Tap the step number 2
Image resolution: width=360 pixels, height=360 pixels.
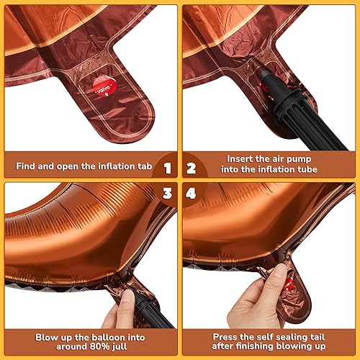(x=192, y=168)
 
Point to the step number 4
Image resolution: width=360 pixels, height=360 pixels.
(x=192, y=192)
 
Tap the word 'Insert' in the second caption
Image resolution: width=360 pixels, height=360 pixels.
(x=239, y=159)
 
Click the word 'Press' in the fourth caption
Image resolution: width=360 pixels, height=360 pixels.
(x=224, y=336)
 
